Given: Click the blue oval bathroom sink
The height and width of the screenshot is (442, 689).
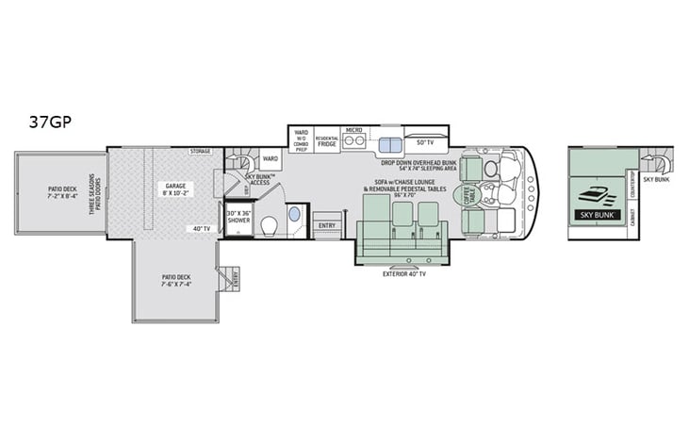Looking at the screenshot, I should pos(292,215).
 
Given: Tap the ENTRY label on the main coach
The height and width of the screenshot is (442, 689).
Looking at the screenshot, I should pos(327,225).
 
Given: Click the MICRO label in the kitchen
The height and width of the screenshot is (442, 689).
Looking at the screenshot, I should pos(354,130).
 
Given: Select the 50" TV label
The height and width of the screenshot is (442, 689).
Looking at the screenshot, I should pos(424,142).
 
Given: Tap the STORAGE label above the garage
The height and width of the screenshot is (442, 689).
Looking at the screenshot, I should pos(199,151).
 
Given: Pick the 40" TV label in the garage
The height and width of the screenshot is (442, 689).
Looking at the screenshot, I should pos(201,228).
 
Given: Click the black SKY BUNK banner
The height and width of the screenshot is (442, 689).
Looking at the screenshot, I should pos(595,214).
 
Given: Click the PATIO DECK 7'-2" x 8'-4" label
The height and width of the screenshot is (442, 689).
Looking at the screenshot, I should pos(64,193).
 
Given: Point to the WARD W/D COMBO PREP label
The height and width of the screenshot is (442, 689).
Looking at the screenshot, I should pos(302,139).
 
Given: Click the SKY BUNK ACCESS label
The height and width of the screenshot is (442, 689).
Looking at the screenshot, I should pos(260,180).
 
